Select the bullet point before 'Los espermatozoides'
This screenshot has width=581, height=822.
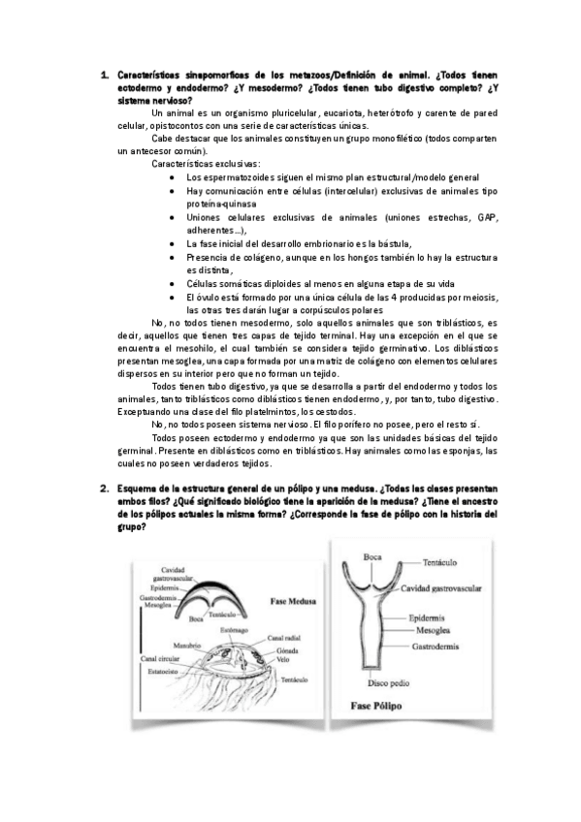pos(172,178)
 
